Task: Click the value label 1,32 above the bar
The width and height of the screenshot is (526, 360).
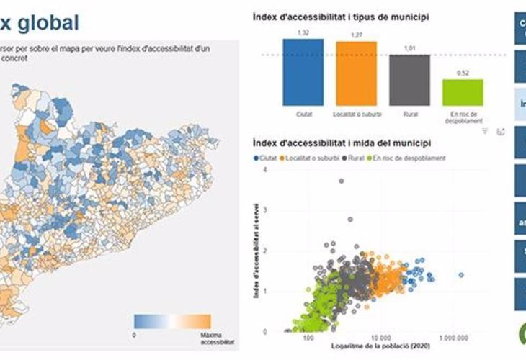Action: pos(303,32)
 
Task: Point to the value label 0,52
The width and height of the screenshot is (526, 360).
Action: pos(463,73)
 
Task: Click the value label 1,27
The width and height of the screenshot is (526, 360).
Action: pos(356,35)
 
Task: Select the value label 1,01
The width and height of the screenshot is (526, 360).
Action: pos(409,48)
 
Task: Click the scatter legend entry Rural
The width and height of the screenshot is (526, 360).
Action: pos(354,158)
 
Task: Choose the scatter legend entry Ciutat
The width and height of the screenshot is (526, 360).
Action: pos(268,158)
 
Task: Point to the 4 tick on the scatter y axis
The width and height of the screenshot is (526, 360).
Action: pos(266,170)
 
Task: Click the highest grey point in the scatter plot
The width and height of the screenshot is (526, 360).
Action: pos(341,181)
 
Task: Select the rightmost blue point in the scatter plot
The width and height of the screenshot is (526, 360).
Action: pos(461,274)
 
